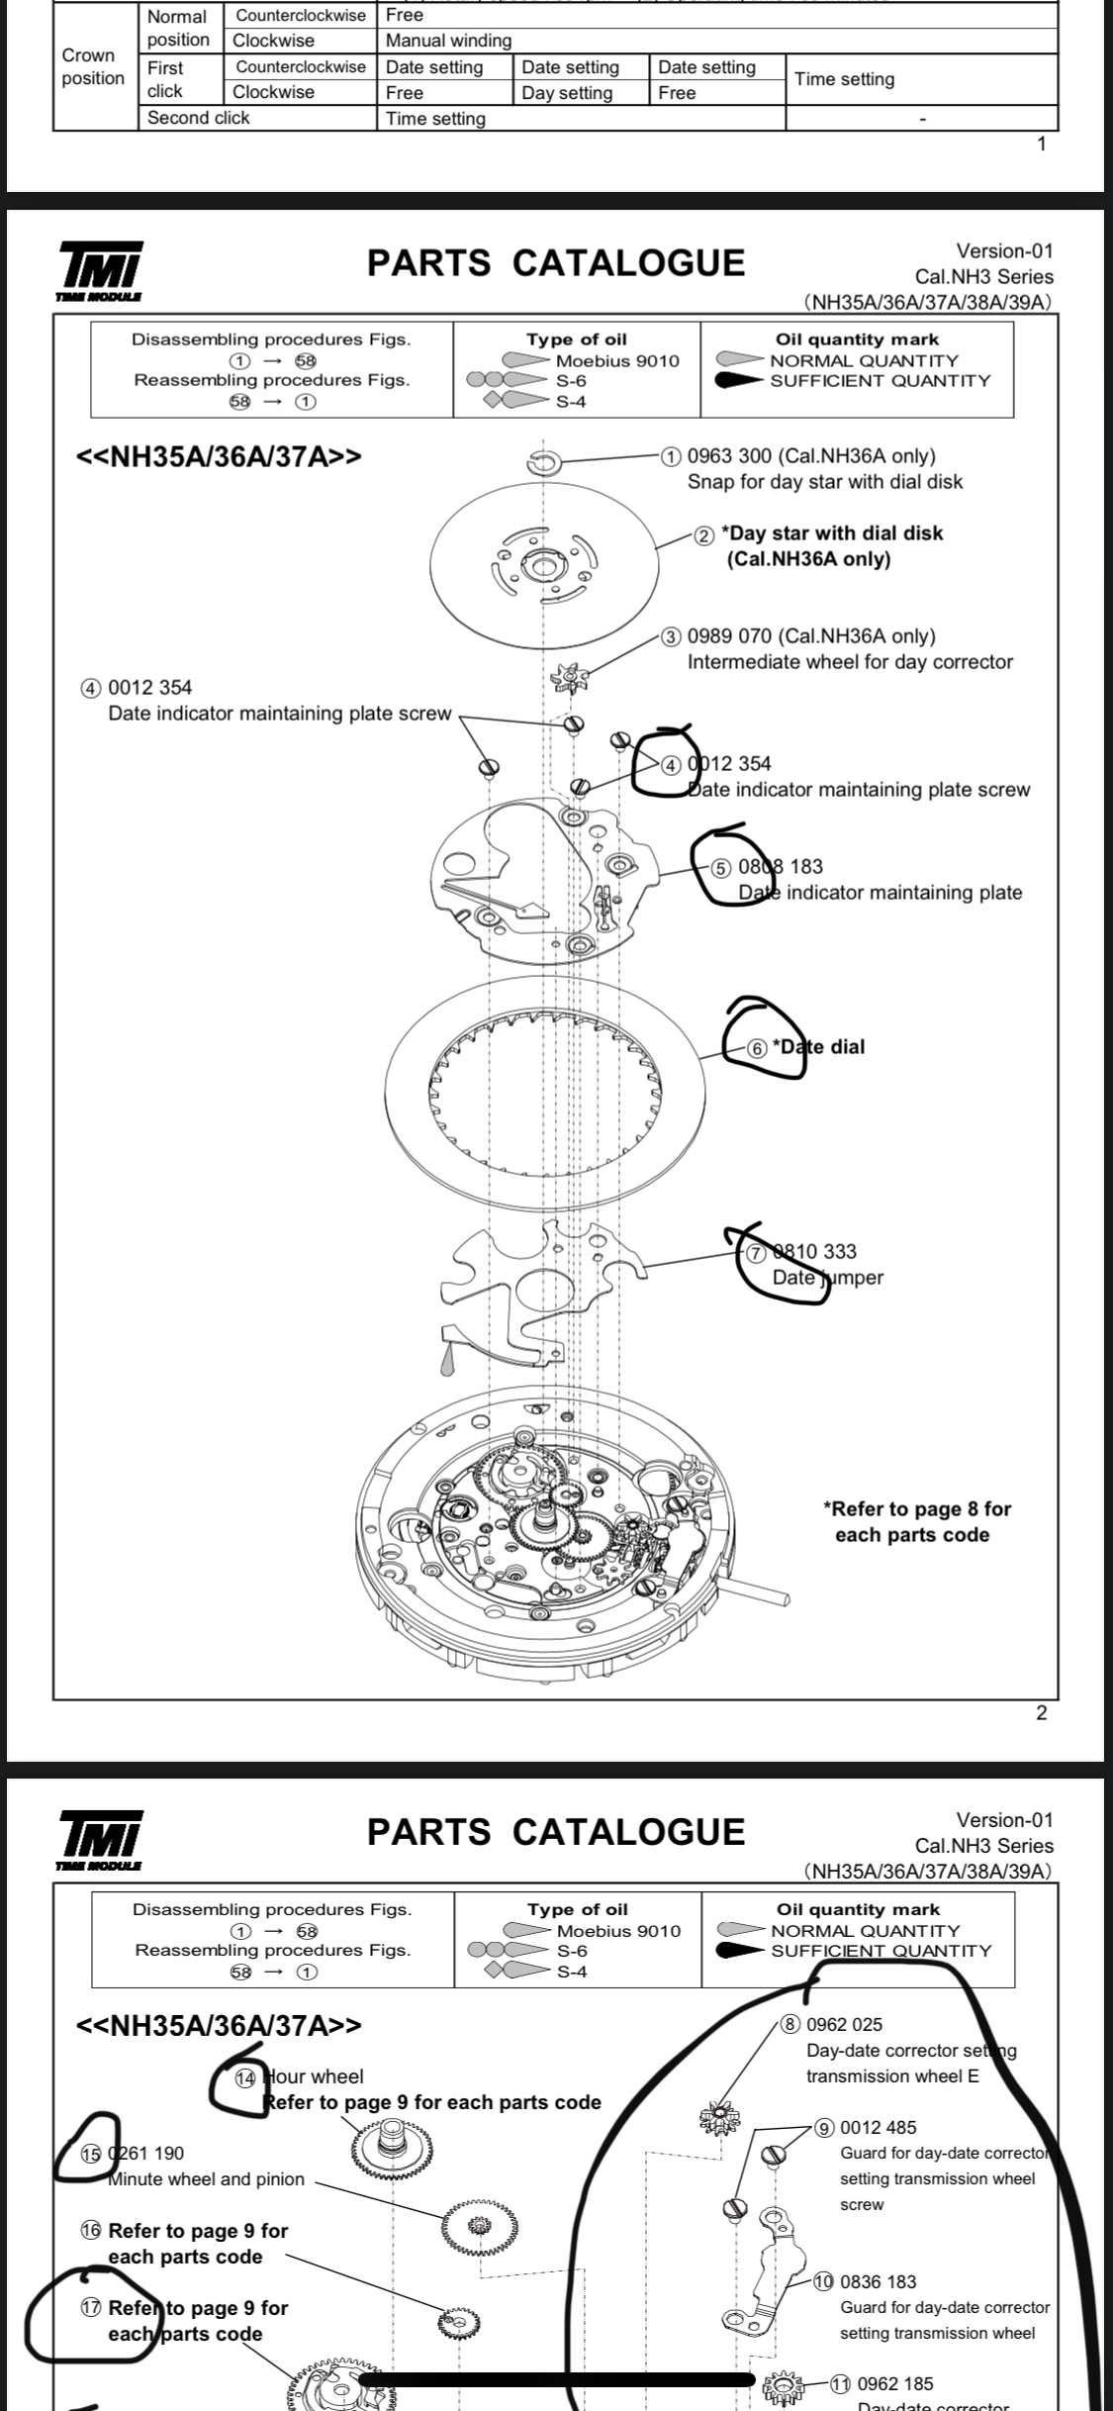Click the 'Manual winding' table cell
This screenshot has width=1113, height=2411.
449,41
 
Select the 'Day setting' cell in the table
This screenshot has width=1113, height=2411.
567,93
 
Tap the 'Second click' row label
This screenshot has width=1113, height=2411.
199,118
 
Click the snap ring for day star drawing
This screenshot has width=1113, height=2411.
544,462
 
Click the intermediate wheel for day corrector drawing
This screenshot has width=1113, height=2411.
570,680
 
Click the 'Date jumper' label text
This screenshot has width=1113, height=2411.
827,1278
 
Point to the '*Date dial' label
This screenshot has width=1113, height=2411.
818,1047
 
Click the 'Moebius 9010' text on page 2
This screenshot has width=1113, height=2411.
617,361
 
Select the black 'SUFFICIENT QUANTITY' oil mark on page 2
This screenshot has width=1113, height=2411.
739,381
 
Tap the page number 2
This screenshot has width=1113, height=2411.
1041,1713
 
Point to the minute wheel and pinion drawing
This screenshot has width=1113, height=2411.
480,2227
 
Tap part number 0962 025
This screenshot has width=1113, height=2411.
845,2025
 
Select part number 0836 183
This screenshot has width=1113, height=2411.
879,2282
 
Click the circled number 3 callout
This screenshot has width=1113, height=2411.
672,636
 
